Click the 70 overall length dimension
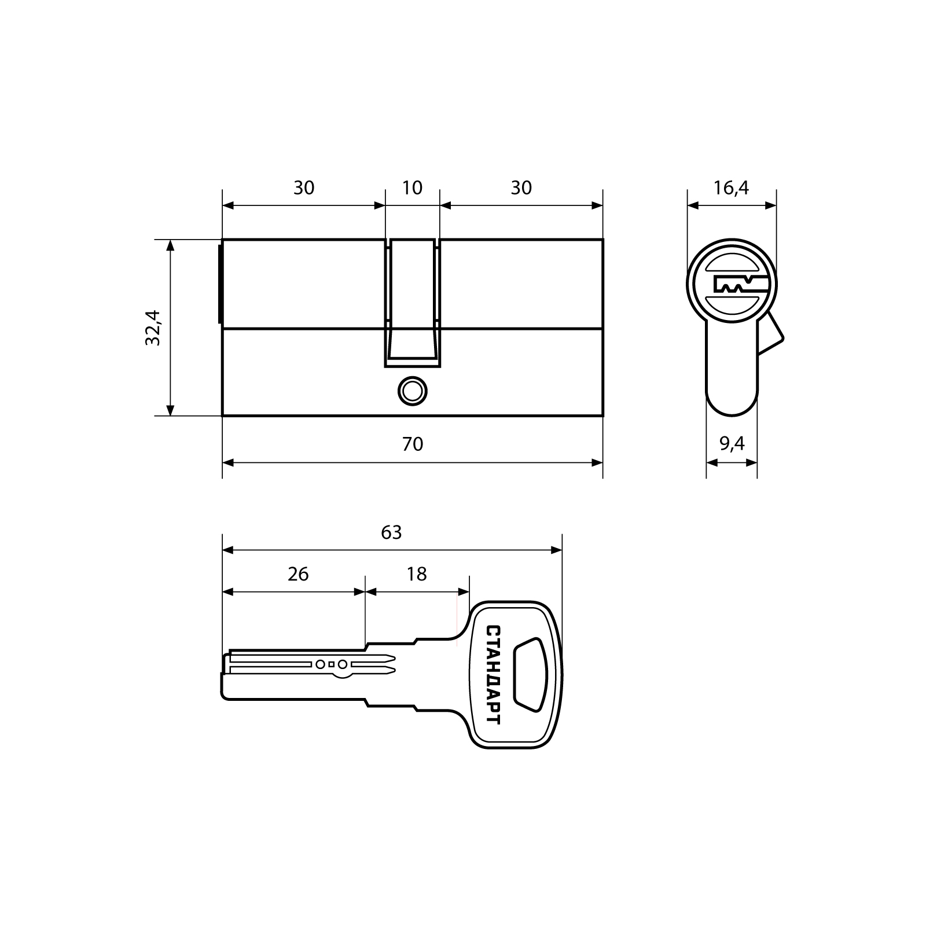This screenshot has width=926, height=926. [413, 444]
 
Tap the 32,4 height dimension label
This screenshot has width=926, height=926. [152, 328]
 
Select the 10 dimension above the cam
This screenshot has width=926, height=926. [412, 188]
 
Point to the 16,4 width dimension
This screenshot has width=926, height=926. [731, 188]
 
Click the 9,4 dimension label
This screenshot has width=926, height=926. [732, 444]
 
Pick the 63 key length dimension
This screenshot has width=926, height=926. [391, 532]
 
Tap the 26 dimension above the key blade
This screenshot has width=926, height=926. [298, 574]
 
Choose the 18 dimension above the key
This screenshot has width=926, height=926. [416, 574]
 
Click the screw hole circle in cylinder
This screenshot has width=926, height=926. [412, 391]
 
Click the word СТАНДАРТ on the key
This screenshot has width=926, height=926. [494, 674]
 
